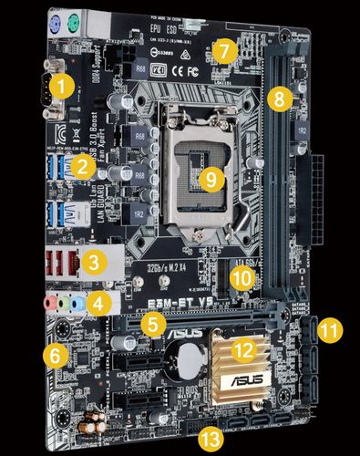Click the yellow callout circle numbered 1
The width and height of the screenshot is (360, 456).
(60, 88)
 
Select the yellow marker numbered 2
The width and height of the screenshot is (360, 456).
(83, 166)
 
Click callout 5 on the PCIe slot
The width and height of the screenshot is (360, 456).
(155, 321)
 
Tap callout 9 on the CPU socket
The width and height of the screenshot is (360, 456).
(211, 179)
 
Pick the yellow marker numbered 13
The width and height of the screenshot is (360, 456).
(211, 437)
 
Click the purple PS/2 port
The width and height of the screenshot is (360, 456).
(56, 22)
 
